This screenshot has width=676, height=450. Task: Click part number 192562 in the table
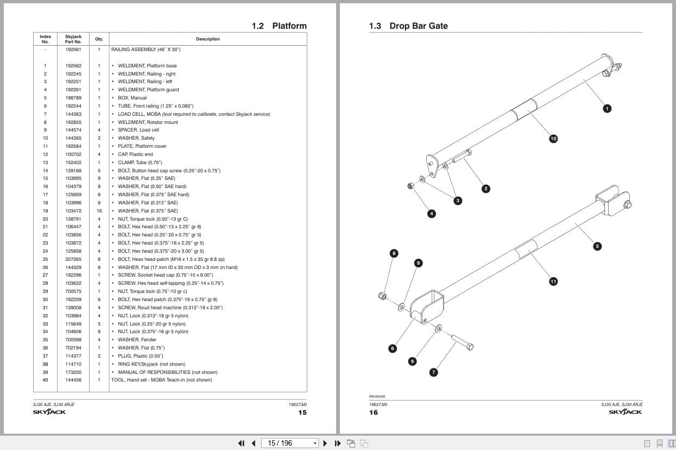point(73,66)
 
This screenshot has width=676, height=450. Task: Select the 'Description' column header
point(208,39)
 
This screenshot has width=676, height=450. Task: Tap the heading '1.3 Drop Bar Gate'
point(408,26)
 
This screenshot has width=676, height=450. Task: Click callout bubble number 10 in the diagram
point(553,139)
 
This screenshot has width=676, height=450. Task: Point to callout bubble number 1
point(607,108)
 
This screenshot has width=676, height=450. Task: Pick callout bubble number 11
point(553,281)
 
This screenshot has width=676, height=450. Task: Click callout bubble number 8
point(394,253)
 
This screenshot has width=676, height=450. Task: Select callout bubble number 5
point(597,246)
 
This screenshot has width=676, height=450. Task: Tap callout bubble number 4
point(432,214)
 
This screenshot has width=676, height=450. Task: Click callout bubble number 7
point(433,372)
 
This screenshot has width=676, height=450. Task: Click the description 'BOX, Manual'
point(132,98)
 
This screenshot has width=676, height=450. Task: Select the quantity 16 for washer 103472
point(99,211)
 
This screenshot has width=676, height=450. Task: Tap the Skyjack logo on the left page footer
point(49,412)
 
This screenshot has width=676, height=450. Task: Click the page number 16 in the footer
point(374,412)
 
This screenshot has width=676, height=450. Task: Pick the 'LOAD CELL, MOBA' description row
point(193,114)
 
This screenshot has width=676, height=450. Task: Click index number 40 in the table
point(45,380)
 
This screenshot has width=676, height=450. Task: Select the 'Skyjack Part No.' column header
point(73,39)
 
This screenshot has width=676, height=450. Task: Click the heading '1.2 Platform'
point(279,26)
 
